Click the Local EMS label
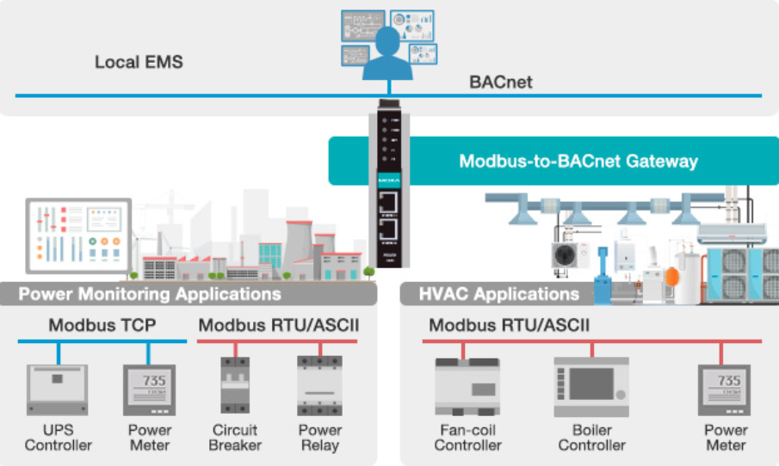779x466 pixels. (x=139, y=63)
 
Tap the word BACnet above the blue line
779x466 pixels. (x=500, y=83)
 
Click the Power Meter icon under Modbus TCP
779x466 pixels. (x=149, y=389)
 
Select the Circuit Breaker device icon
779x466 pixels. (x=234, y=386)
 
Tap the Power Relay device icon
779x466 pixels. (x=319, y=386)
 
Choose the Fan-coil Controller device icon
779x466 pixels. (x=467, y=386)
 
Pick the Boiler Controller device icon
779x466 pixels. (x=591, y=387)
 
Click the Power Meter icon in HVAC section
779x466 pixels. (x=728, y=389)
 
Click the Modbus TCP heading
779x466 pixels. (x=102, y=325)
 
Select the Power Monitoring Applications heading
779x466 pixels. (x=150, y=294)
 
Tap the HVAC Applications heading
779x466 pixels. (x=499, y=294)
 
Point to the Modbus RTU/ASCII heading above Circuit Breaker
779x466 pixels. (x=279, y=325)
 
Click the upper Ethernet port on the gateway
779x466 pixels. (x=391, y=202)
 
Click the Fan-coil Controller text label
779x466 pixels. (x=467, y=437)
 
